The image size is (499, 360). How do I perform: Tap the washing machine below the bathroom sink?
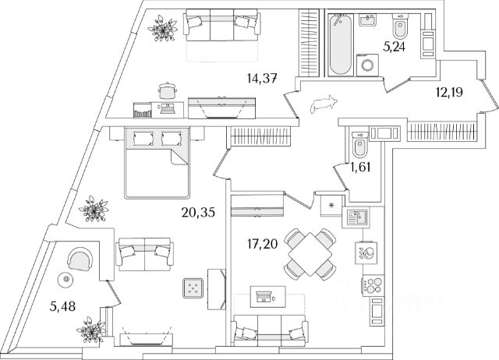tap(365, 65)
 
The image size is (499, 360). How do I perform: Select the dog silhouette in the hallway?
tap(321, 103)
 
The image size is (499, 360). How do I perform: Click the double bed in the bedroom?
tap(157, 162)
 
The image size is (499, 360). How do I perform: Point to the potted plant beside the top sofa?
tap(163, 29)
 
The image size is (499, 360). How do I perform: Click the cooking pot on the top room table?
tap(166, 91)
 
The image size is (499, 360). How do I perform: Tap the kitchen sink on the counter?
tap(359, 219)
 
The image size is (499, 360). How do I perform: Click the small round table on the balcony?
tap(67, 279)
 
